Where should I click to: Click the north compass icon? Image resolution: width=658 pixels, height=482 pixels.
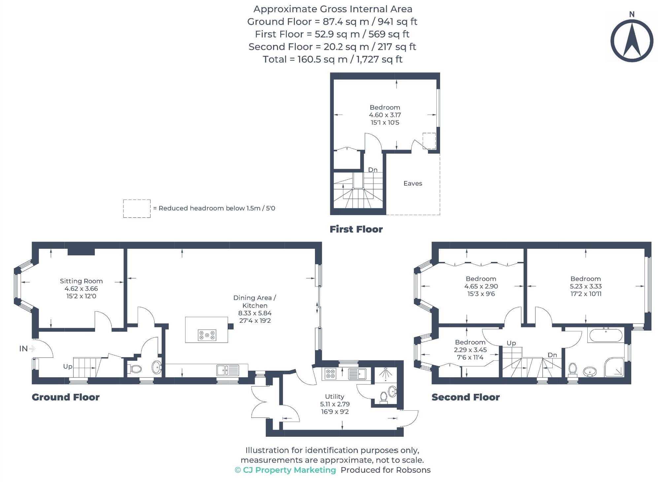(631, 40)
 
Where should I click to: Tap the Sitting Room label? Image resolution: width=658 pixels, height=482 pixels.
(81, 281)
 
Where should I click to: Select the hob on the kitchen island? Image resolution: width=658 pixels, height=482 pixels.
(207, 335)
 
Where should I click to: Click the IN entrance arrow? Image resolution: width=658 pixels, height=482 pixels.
(32, 348)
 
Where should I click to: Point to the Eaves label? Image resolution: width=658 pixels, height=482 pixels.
(413, 183)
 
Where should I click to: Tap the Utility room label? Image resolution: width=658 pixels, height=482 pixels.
(334, 396)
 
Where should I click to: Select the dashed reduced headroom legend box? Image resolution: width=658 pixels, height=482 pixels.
(137, 208)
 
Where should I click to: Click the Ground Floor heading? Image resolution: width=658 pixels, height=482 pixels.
(66, 397)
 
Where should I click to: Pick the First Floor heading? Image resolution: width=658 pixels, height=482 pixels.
(356, 229)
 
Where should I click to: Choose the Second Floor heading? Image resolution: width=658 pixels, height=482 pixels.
(466, 397)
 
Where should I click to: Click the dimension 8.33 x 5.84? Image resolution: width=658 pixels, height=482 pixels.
(255, 313)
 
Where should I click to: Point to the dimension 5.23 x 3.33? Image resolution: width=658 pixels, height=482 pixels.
(586, 286)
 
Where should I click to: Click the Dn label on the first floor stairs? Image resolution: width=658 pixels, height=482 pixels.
(373, 170)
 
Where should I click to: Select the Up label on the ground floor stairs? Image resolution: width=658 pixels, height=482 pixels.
(68, 366)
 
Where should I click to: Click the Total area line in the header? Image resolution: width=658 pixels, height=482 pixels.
(332, 59)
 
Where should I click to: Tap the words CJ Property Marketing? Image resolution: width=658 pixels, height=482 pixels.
(289, 470)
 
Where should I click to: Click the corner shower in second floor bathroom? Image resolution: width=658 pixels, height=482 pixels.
(614, 367)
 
